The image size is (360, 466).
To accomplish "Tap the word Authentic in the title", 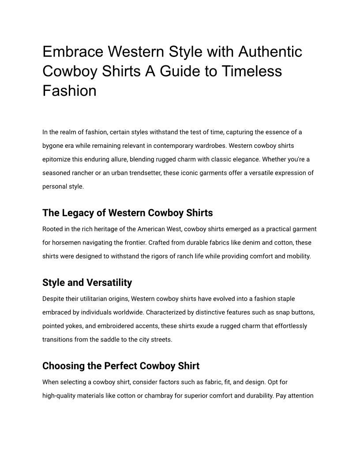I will pyautogui.click(x=270, y=52).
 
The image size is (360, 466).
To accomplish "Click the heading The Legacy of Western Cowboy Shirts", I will pyautogui.click(x=127, y=213).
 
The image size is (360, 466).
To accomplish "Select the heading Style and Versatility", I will pyautogui.click(x=87, y=282).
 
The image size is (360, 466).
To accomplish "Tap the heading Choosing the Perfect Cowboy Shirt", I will pyautogui.click(x=121, y=366).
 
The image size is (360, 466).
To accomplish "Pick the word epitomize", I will pyautogui.click(x=58, y=159).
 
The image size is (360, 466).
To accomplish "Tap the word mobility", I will pyautogui.click(x=298, y=256).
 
